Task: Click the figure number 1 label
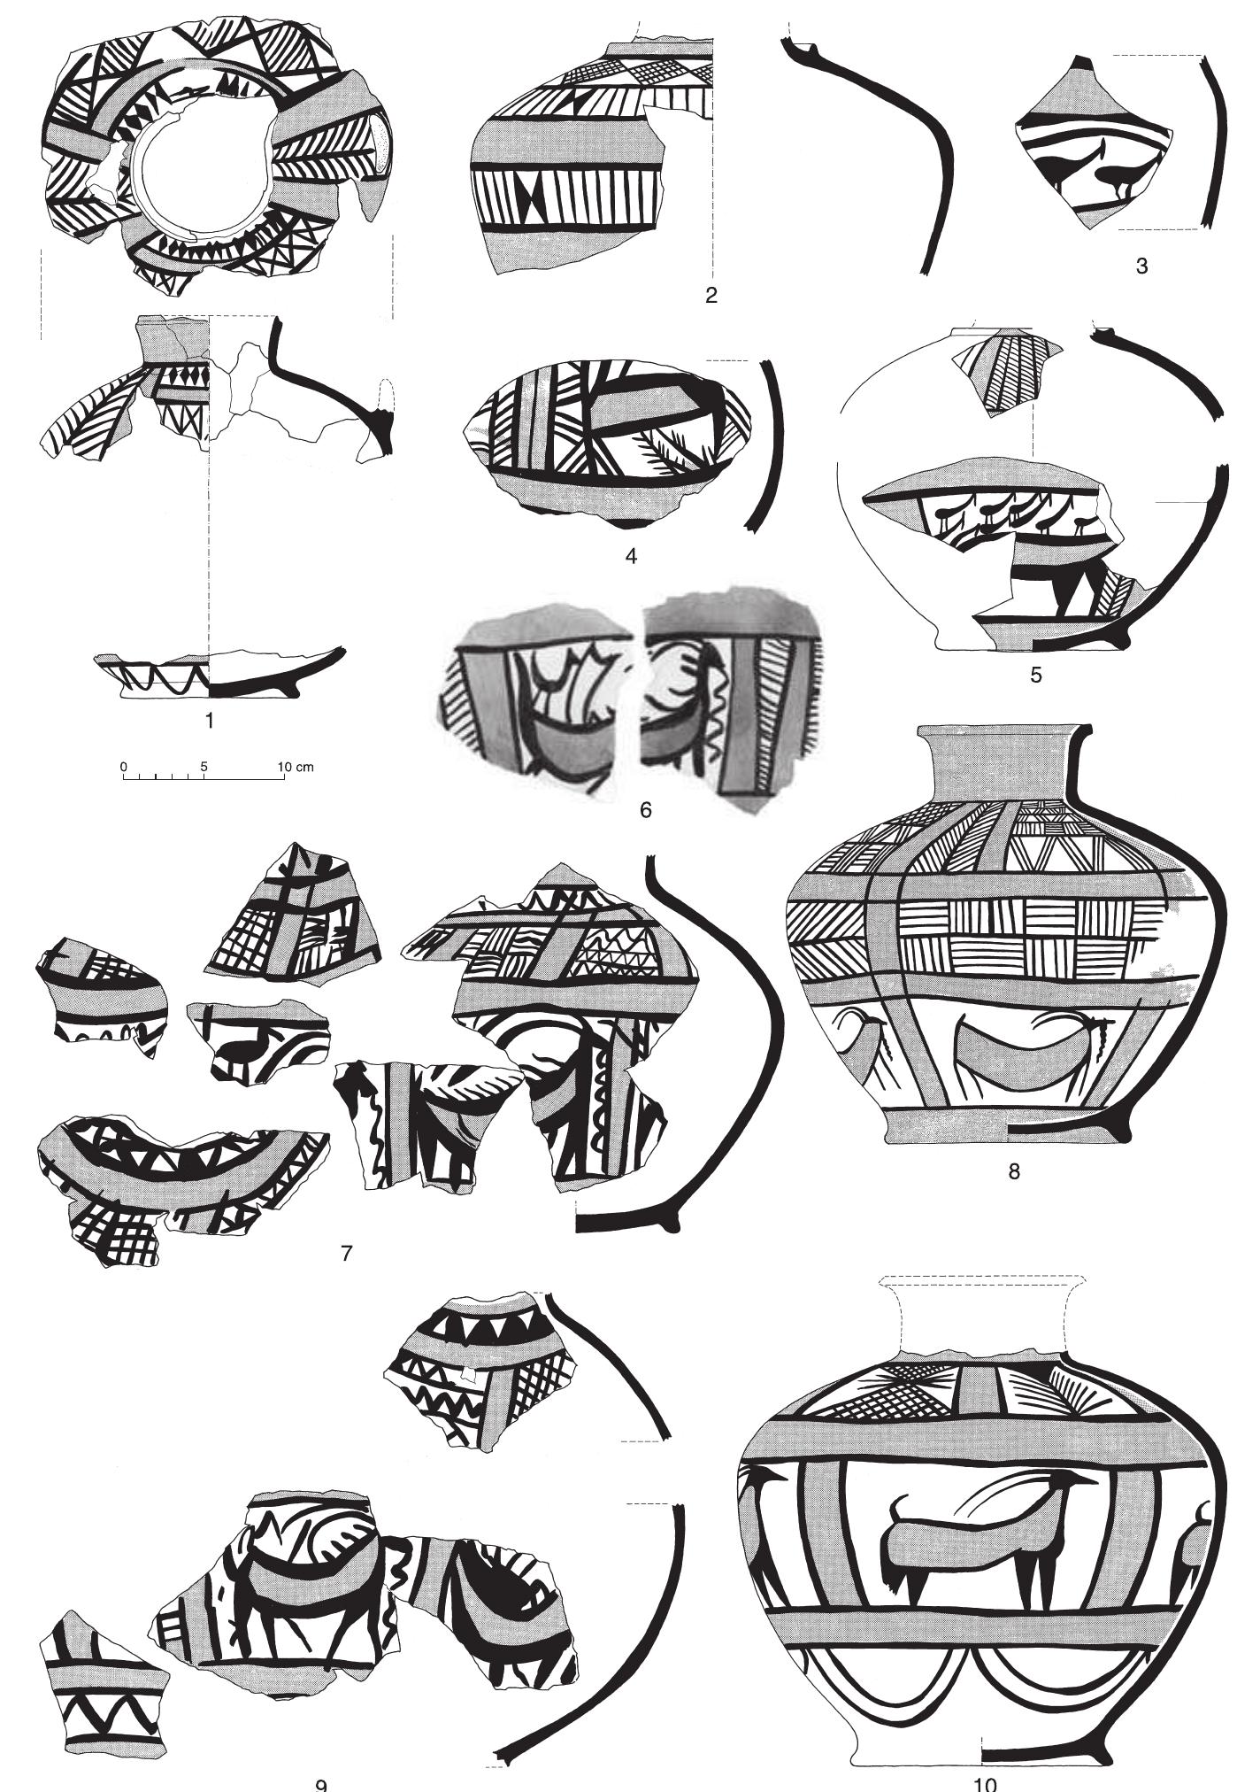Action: click(x=209, y=722)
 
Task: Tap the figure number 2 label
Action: click(x=711, y=296)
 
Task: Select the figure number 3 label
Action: click(x=1141, y=265)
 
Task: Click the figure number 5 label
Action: click(x=1035, y=676)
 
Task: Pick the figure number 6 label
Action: click(x=645, y=809)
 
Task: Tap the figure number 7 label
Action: click(x=347, y=1253)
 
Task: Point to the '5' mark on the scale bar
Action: click(x=204, y=766)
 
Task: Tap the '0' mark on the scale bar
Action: click(x=124, y=766)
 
